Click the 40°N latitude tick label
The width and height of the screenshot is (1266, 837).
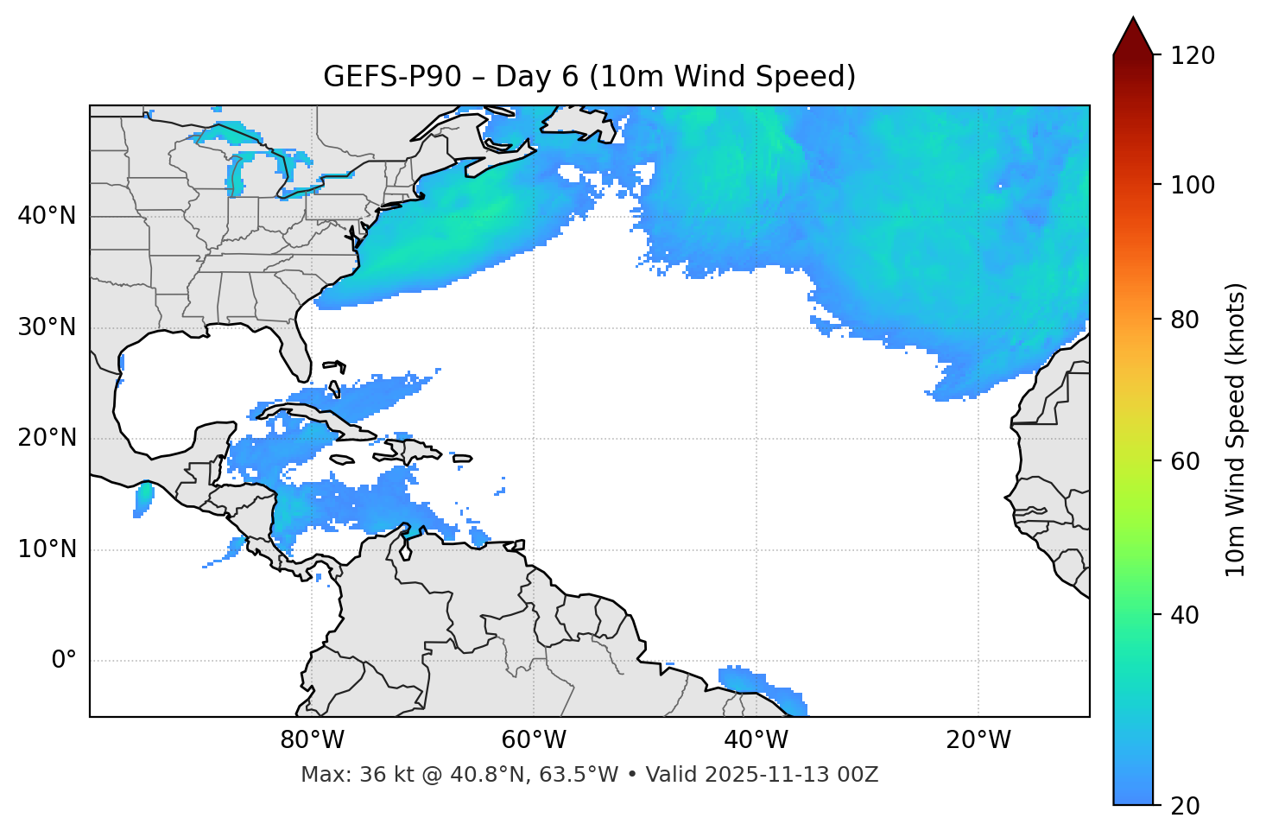coord(47,216)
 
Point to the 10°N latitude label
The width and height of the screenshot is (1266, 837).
coord(47,549)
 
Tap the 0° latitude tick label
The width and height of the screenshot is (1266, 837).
coord(63,661)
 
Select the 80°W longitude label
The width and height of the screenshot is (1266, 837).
coord(312,740)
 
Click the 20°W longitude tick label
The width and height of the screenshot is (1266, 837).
coord(978,740)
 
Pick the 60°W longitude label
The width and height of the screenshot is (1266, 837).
coord(534,740)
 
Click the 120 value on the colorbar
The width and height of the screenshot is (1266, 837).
coord(1193,56)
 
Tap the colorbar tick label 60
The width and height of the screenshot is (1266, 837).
coord(1185,461)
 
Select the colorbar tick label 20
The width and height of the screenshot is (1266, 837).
coord(1185,806)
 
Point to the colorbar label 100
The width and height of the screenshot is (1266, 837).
coord(1193,185)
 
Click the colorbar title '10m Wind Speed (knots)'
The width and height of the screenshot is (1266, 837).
coord(1236,429)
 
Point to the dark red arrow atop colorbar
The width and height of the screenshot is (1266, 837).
coord(1133,37)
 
